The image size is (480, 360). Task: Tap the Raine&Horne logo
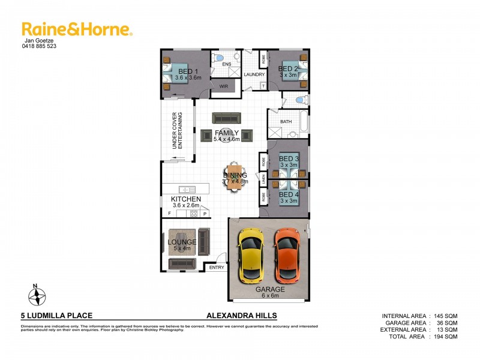pos(77,29)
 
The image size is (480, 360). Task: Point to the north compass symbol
pos(37,295)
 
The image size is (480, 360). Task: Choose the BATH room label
pos(286,121)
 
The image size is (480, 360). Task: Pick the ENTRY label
pos(216,268)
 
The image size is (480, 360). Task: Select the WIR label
pos(224,87)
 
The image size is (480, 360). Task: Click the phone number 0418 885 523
pos(40,46)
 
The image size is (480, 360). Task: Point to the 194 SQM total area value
pos(444,337)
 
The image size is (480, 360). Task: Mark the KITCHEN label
pos(186,199)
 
